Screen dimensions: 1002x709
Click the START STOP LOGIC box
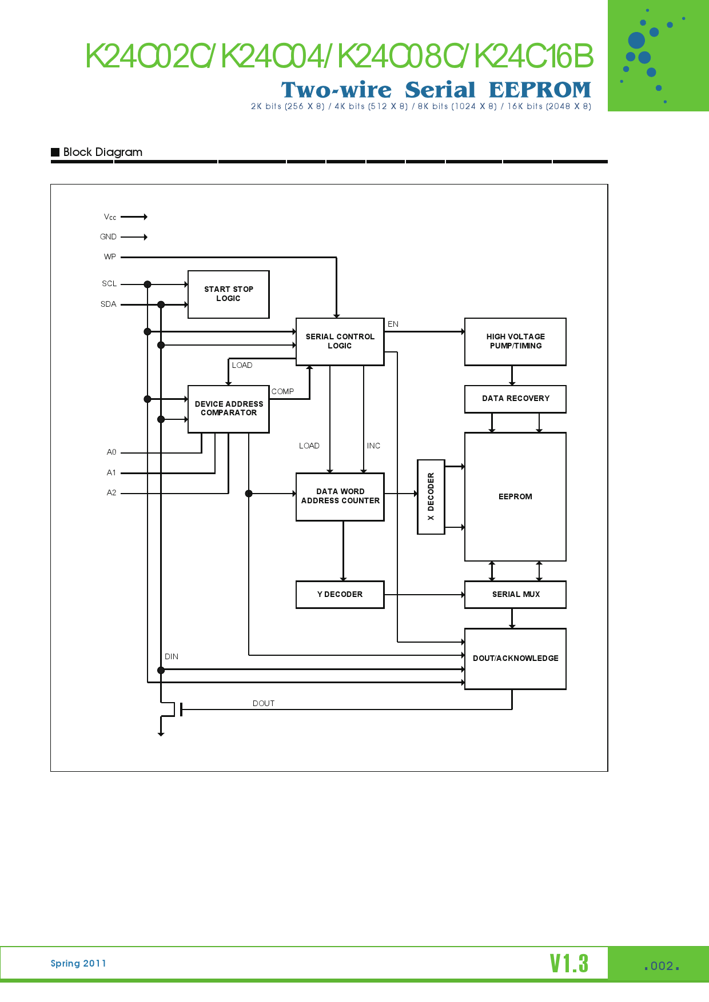[229, 294]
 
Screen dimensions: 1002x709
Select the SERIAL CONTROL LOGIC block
[340, 342]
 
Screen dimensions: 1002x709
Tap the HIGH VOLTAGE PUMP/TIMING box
[515, 342]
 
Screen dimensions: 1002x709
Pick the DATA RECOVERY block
[515, 399]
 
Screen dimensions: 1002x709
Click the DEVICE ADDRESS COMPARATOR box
[229, 408]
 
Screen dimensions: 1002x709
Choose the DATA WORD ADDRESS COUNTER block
[340, 496]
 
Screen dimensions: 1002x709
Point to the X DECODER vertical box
[431, 496]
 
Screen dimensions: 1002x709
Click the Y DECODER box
[340, 595]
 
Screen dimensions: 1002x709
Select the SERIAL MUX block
[515, 595]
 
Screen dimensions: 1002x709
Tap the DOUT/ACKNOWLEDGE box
[515, 659]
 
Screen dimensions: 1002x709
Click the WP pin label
[110, 257]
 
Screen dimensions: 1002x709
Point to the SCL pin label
[109, 284]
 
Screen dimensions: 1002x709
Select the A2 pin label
[111, 493]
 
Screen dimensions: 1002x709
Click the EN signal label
[393, 324]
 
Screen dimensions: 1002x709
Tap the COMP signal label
[282, 392]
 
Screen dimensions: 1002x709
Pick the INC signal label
[373, 446]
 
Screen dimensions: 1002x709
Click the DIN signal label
[172, 657]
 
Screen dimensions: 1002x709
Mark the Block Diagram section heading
[102, 153]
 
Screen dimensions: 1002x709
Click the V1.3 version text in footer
[569, 964]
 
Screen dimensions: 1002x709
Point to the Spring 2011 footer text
[78, 964]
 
